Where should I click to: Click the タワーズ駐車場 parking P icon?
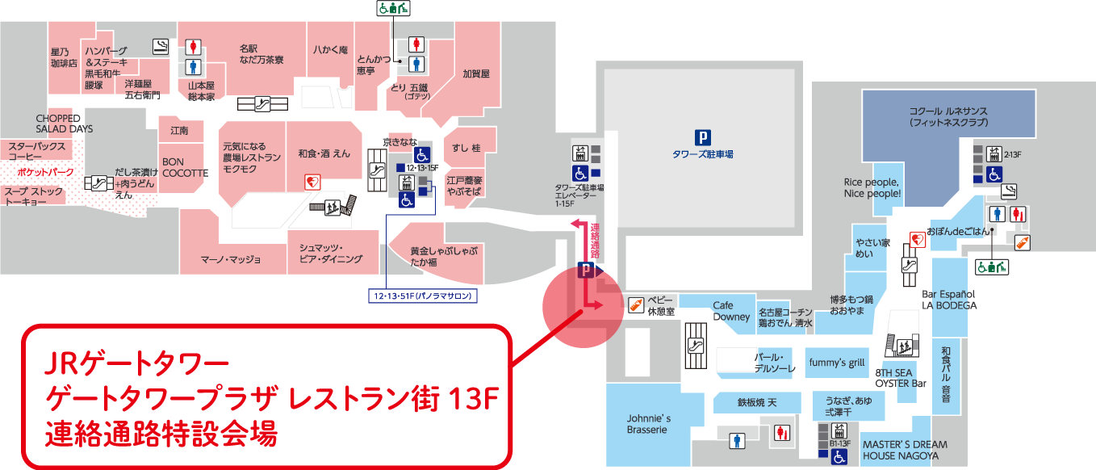coord(705,137)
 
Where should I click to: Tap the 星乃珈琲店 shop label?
coord(64,57)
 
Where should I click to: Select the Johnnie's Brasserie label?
coord(649,424)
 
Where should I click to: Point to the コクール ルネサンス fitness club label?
coord(948,116)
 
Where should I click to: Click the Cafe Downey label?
coord(723,311)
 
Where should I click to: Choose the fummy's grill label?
coord(838,363)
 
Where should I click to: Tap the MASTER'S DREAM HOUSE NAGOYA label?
coord(904,450)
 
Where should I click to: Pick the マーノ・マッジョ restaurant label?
coord(231,259)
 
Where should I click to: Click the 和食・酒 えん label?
coord(324,153)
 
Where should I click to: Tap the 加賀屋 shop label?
coord(476,73)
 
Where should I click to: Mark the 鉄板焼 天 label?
coord(756,402)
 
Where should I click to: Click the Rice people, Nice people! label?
coord(872,188)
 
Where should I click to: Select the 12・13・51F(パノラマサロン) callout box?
coord(422,296)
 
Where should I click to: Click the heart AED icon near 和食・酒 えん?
coord(310,183)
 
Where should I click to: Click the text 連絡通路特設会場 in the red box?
coord(161,434)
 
